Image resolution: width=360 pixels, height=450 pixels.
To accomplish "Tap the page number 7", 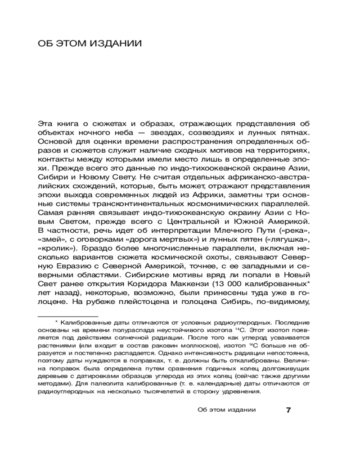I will [289, 410].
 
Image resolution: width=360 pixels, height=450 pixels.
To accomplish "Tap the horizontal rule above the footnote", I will [67, 316].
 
